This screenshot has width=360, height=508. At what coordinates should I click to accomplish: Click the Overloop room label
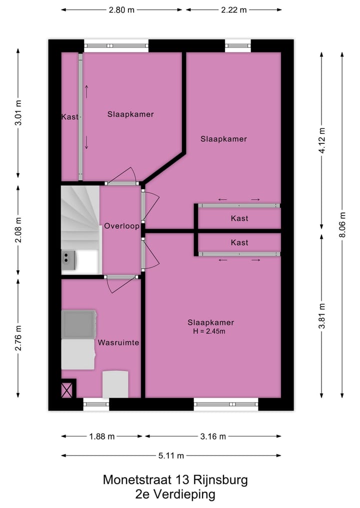pos(121,226)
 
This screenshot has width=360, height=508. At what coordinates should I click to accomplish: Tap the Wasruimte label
pos(118,343)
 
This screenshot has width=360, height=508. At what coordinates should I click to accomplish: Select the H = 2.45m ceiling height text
pos(211,331)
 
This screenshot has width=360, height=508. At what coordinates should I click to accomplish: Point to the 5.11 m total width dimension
pos(171,455)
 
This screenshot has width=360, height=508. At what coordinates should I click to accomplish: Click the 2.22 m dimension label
pos(234,9)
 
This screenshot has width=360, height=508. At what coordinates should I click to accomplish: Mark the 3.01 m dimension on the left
pos(18,114)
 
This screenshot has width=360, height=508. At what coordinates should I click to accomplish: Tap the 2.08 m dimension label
pos(18,230)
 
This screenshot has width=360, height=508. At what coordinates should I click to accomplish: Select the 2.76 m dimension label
pos(18,338)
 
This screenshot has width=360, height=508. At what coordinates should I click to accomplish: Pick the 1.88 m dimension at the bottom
pos(102,436)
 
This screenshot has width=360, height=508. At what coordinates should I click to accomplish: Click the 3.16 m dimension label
pos(213,436)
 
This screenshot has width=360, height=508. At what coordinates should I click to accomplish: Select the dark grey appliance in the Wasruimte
pos(78,324)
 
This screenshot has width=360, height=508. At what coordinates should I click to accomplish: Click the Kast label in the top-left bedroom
pos(70,117)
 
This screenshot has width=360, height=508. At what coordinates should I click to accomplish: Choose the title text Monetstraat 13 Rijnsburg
pos(175,480)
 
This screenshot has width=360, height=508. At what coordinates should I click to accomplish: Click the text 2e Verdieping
pos(175,495)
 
